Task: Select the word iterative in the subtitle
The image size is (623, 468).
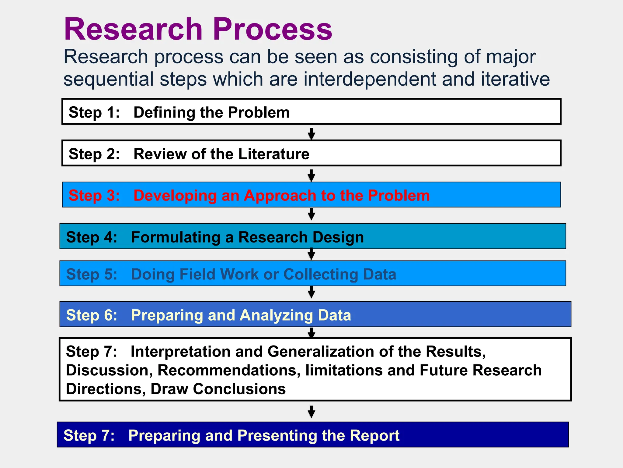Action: (x=515, y=79)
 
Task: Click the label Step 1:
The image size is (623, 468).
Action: (x=94, y=112)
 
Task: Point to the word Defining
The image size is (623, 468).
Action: (x=165, y=112)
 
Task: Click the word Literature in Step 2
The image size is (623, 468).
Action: (x=274, y=154)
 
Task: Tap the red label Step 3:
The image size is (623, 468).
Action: (x=94, y=196)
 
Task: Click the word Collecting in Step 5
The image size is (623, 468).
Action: (x=321, y=274)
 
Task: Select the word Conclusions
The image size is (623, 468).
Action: (x=239, y=389)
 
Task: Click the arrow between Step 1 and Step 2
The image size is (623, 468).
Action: (x=311, y=133)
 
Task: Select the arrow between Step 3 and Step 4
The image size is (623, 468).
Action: (x=311, y=214)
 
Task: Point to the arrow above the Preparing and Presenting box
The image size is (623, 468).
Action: (x=311, y=412)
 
